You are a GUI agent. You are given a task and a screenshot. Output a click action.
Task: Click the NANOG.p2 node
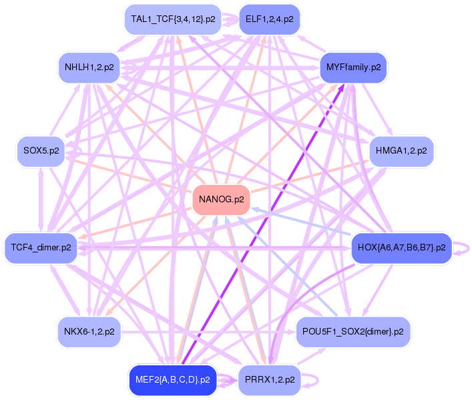[221, 200]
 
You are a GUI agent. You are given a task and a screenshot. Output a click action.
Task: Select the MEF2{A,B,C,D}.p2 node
[172, 380]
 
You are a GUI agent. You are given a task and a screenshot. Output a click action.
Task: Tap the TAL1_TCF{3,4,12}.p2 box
[173, 19]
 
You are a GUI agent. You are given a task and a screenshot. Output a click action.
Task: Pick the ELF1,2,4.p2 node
[269, 19]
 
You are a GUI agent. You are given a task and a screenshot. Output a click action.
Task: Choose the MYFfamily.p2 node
[353, 67]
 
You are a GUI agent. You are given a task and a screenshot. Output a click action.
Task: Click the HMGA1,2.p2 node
[401, 151]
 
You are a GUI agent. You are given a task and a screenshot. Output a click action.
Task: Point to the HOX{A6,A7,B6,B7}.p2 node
[401, 248]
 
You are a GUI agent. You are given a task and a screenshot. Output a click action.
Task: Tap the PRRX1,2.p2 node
[269, 380]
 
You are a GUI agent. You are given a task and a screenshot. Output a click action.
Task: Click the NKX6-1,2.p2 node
[89, 331]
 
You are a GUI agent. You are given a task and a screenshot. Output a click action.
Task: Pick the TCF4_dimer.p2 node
[41, 248]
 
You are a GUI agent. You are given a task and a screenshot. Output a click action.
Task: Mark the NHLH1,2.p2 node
[89, 67]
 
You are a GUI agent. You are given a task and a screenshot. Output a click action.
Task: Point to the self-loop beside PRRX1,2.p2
[310, 380]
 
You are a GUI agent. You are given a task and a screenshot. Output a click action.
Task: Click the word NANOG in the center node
[214, 200]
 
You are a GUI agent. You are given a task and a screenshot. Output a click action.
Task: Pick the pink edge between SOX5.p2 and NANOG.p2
[127, 174]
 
